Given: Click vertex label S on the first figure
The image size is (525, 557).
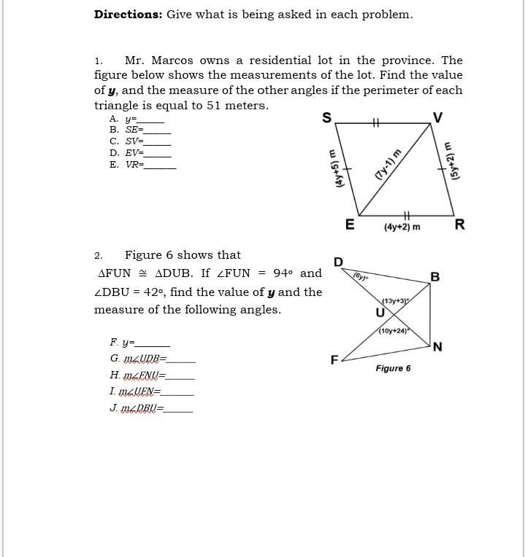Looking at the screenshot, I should pos(326,118).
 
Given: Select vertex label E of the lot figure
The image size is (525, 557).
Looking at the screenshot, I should pos(350,225).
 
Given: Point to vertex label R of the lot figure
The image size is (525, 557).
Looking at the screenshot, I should pos(459,225).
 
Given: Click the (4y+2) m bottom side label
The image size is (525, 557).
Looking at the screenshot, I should pos(402,227).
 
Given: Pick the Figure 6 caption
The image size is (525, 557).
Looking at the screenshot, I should pos(393,368).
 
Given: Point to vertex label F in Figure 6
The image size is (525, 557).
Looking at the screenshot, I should pos(334,359).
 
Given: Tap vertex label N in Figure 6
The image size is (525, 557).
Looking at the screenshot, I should pos(437,347).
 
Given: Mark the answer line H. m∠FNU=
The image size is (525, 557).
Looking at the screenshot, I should pos(151,375).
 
